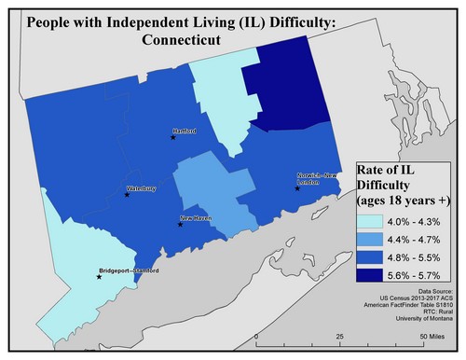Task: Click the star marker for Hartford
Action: click(x=172, y=137)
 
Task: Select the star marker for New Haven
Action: click(x=180, y=225)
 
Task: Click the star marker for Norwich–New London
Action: click(x=297, y=188)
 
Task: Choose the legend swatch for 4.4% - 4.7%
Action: click(x=373, y=240)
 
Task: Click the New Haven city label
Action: click(x=195, y=218)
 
